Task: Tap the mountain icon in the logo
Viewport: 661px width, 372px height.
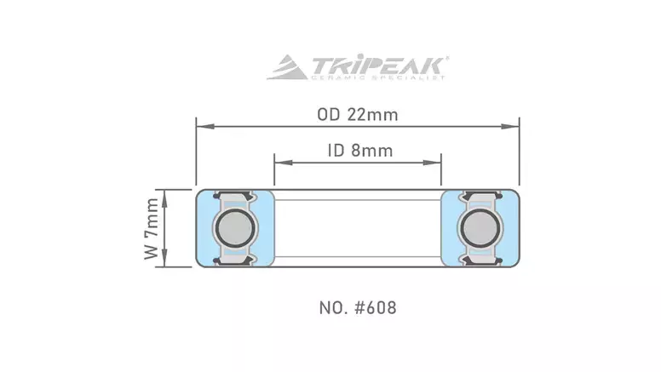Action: point(288,67)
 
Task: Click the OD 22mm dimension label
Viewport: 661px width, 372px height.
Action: point(358,115)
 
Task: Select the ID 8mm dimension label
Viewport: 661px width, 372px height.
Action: point(360,151)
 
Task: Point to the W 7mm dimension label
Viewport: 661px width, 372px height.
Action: point(152,228)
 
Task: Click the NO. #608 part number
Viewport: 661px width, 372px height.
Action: point(358,308)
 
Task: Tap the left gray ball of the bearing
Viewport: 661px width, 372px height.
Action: point(234,228)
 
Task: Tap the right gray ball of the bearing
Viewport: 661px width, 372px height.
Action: point(480,228)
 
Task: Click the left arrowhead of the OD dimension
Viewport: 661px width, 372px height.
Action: point(205,126)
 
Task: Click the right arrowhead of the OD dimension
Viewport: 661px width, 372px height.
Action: point(510,126)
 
